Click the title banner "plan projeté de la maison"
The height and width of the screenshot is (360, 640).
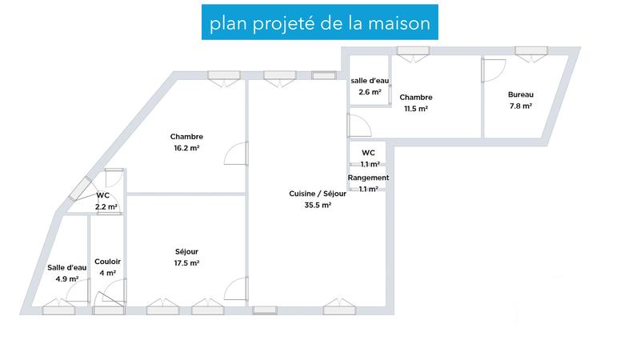(x=319, y=24)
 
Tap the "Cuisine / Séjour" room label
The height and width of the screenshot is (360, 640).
(x=317, y=193)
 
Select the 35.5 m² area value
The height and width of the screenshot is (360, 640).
(x=317, y=205)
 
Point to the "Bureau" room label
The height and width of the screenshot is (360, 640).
(x=520, y=94)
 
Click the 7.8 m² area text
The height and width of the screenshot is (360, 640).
(x=520, y=106)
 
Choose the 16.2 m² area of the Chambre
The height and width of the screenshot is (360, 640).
(x=186, y=148)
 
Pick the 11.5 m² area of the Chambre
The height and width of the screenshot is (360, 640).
(x=416, y=109)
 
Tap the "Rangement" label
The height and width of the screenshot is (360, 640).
(x=368, y=178)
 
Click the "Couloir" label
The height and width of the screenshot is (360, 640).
(x=107, y=262)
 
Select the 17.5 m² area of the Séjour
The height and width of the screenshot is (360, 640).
(x=186, y=263)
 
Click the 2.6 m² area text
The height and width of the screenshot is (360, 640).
(x=370, y=92)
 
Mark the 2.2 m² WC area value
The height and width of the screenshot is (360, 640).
(x=106, y=206)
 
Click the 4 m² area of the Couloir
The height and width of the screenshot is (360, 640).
(x=107, y=274)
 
